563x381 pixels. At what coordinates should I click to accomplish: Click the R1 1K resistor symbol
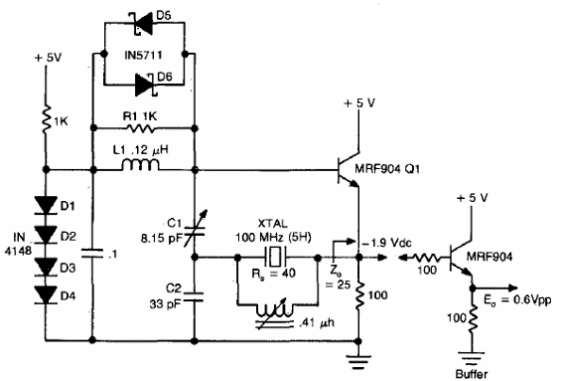click(145, 128)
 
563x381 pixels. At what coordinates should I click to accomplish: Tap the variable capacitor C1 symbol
click(196, 226)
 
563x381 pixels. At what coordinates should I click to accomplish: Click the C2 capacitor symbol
click(196, 293)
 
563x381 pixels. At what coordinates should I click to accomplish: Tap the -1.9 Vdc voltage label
click(393, 242)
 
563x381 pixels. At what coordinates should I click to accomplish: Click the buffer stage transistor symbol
click(458, 256)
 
